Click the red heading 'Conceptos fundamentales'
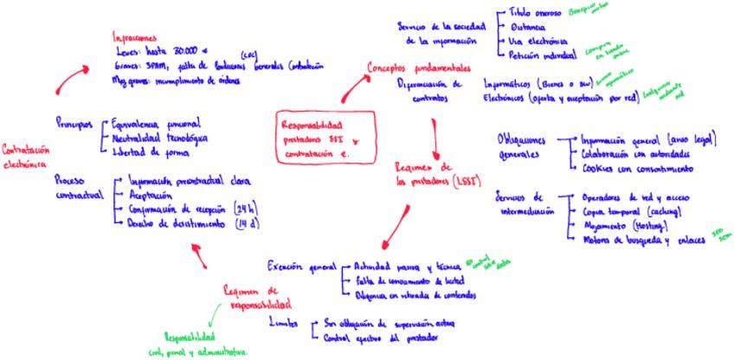coord(420,67)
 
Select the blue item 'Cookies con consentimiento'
coord(634,168)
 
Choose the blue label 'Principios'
coord(74,124)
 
